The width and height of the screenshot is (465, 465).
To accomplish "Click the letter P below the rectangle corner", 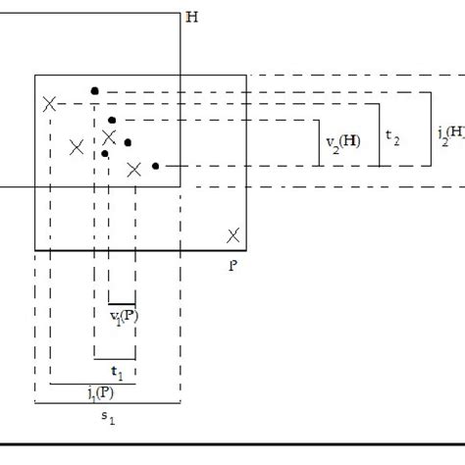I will (x=232, y=264).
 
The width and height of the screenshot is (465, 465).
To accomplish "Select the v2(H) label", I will (x=343, y=142).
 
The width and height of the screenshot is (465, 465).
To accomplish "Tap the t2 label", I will (x=392, y=138).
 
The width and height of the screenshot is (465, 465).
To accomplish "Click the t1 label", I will (x=116, y=373).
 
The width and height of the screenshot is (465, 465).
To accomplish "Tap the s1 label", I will (x=109, y=418).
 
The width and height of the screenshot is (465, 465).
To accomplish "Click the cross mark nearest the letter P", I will (x=232, y=235).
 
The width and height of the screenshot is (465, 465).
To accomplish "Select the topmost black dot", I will (x=94, y=91).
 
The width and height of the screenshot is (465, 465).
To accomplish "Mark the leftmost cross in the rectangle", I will (x=48, y=104).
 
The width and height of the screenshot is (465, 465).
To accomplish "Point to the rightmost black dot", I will (x=155, y=166).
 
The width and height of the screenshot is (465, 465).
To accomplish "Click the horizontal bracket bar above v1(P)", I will (x=122, y=303).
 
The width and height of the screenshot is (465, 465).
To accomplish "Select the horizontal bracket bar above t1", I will (x=115, y=359).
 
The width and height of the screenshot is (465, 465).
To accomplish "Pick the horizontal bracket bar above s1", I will (x=107, y=404).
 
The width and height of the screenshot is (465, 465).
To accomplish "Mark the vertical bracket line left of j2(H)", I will (x=430, y=128).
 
